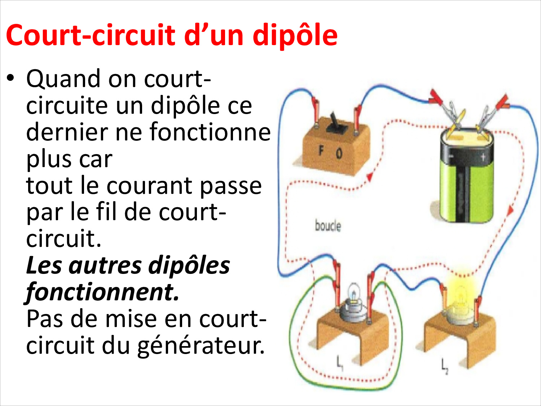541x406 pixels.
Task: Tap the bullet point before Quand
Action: (10, 78)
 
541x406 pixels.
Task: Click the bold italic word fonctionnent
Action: (102, 292)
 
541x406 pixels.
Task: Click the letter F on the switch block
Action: (321, 150)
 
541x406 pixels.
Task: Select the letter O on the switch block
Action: (339, 154)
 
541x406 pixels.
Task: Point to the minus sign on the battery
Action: (451, 156)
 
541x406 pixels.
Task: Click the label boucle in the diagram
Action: (328, 226)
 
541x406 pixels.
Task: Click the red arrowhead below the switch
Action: (369, 177)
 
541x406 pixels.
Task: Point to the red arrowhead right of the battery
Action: (510, 210)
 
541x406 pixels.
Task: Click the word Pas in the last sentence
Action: (45, 319)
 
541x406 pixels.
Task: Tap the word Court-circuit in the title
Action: (91, 35)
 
